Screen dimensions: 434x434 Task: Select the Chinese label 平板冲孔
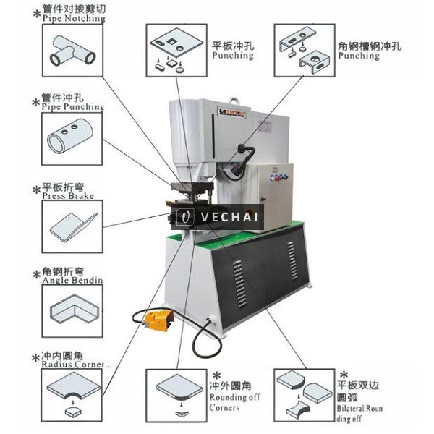[231, 45]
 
